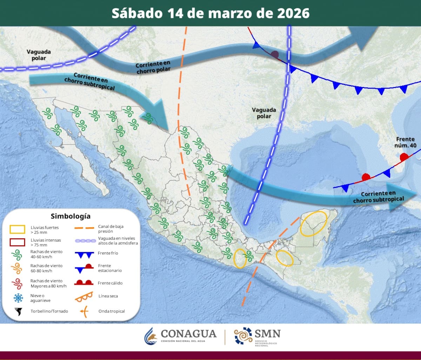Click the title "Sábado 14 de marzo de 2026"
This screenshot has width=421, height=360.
point(210,13)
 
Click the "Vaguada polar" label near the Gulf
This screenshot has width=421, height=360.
point(264,113)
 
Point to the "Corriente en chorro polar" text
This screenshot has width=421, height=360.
point(154,67)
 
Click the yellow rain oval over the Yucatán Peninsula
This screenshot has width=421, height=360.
point(314,223)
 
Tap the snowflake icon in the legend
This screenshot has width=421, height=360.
point(18,298)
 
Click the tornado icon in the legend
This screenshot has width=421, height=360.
point(18,311)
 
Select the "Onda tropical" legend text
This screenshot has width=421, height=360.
point(112,311)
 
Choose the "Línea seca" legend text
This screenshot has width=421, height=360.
point(108,296)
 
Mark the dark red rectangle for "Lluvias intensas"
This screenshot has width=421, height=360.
point(17,242)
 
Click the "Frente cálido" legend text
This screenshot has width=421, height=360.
point(110,283)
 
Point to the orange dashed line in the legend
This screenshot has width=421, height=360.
point(85,229)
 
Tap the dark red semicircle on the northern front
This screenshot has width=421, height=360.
point(275,55)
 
